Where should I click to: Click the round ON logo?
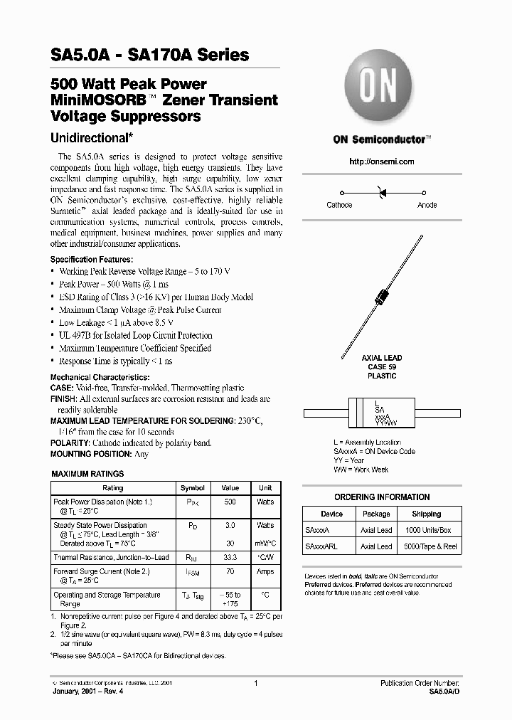click(x=381, y=89)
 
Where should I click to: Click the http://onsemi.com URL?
click(x=381, y=162)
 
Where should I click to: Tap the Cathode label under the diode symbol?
click(x=339, y=205)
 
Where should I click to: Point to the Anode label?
click(x=427, y=205)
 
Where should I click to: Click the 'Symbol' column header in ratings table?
click(x=193, y=488)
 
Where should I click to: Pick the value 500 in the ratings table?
click(x=230, y=502)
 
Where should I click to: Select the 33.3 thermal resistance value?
click(x=230, y=558)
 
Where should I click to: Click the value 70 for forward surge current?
click(x=230, y=571)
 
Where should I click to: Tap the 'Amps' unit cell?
click(x=265, y=571)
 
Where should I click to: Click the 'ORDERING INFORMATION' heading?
click(x=382, y=497)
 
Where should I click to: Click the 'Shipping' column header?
click(x=426, y=514)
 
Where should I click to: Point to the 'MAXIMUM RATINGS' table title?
click(x=87, y=474)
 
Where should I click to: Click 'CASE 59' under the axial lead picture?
click(x=382, y=367)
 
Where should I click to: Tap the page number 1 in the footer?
click(x=255, y=683)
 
